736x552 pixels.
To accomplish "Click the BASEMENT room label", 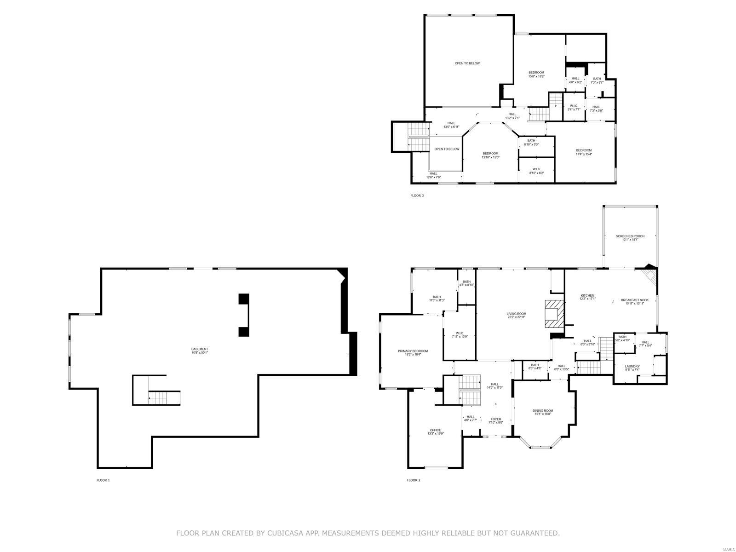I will [200, 349].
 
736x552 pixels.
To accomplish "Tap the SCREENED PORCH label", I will [630, 236].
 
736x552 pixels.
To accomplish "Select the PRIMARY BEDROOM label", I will [413, 351].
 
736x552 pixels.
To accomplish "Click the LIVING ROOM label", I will [517, 314].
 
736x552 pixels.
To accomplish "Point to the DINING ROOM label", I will [543, 411].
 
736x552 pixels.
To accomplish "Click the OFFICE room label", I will [435, 431].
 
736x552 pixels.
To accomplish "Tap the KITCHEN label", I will [587, 296].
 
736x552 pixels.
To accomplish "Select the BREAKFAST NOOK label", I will [634, 300].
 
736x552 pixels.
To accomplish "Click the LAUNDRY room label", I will [632, 367].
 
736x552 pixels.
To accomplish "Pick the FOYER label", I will [495, 420].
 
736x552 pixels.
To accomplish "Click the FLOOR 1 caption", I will [103, 480].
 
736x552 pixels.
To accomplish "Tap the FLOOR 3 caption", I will [417, 195].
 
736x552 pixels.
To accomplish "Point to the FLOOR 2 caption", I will [414, 480].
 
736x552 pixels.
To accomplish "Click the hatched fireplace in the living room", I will [553, 313].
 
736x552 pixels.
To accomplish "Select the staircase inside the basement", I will [164, 397].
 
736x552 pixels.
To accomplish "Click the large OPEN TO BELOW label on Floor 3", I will [467, 63].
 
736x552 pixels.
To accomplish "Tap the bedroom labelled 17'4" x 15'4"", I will [584, 151].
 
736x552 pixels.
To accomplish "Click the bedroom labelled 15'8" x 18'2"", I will [536, 73].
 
